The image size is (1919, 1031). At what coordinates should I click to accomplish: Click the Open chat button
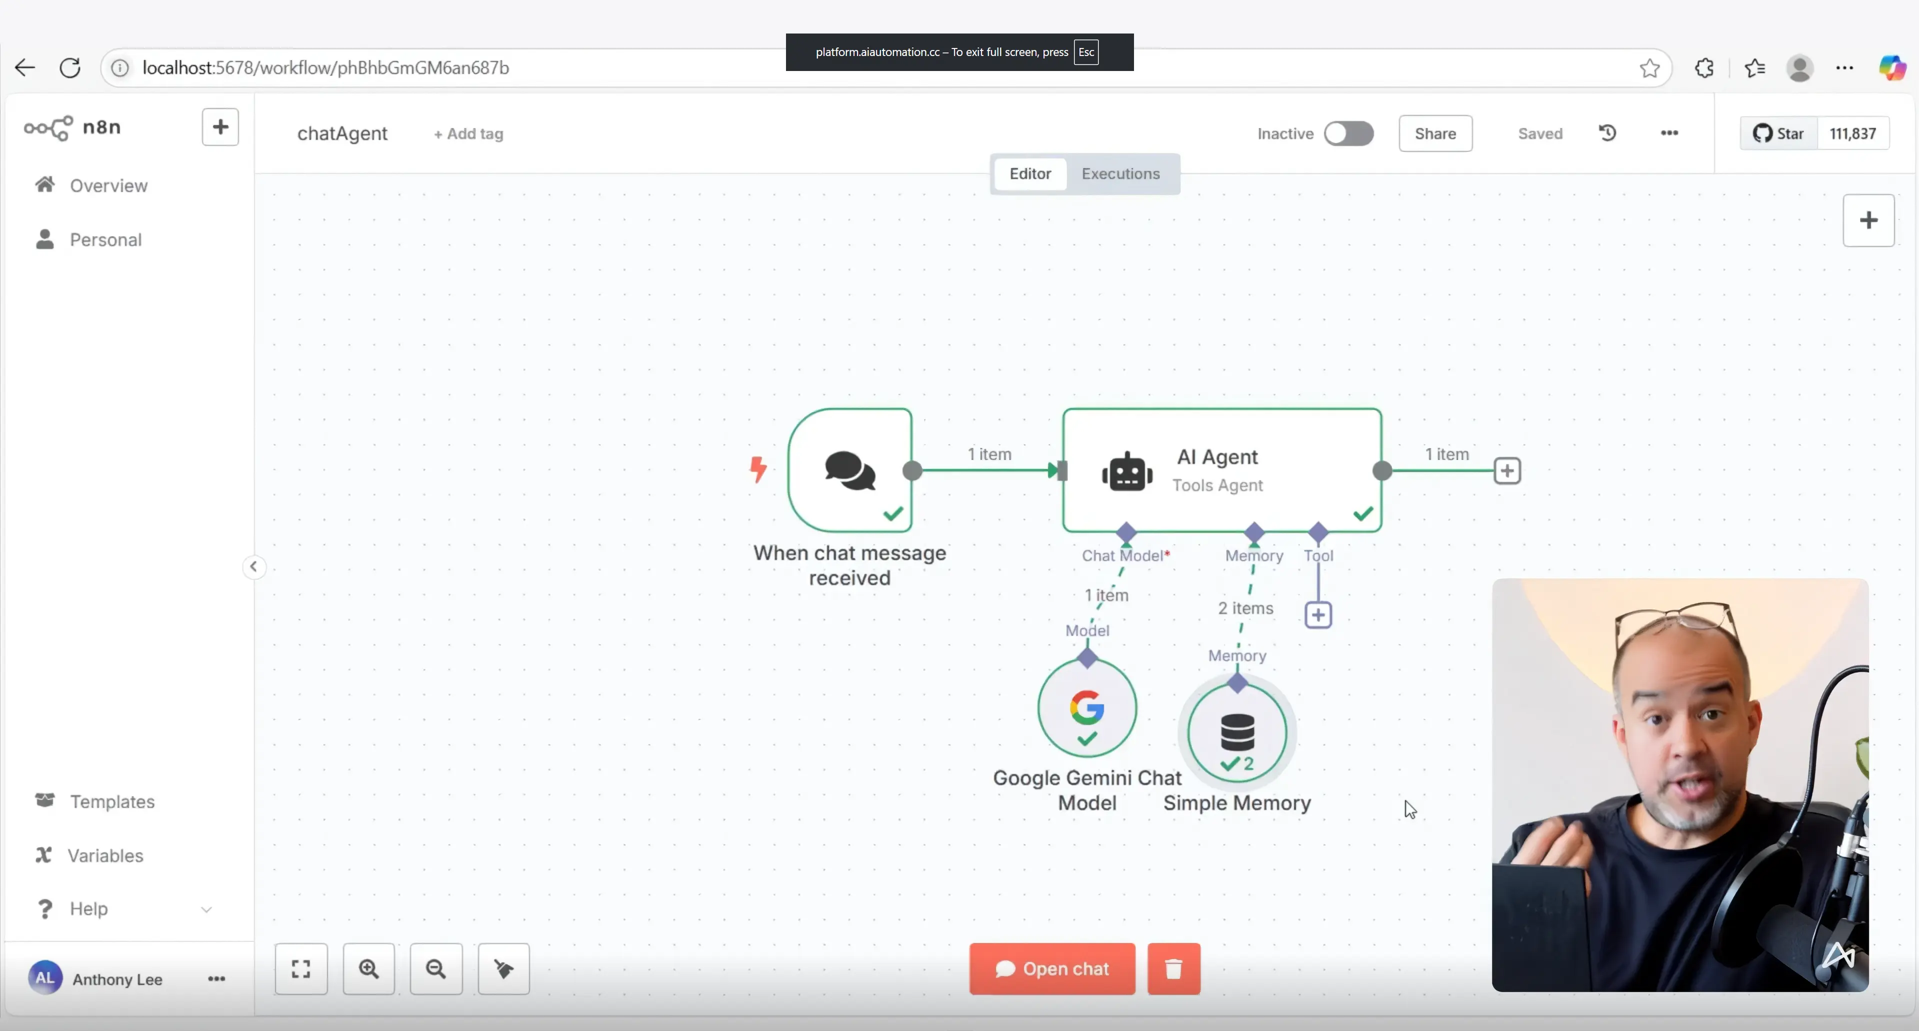pos(1052,968)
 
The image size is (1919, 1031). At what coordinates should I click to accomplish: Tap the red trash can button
pos(1173,968)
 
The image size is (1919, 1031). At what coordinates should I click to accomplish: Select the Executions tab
pos(1120,173)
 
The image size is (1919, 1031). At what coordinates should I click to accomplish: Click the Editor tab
pos(1029,173)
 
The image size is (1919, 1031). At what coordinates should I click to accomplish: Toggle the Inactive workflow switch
pos(1348,133)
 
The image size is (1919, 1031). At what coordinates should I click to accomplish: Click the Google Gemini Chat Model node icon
pos(1087,707)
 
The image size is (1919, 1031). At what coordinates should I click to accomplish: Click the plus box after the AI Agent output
pos(1507,471)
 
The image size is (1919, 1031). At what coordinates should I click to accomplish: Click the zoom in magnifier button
pos(369,968)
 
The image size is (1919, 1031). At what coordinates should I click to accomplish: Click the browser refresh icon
pos(70,68)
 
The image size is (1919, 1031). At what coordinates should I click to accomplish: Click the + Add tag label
pos(468,134)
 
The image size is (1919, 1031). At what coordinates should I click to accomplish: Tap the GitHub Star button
pos(1778,133)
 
